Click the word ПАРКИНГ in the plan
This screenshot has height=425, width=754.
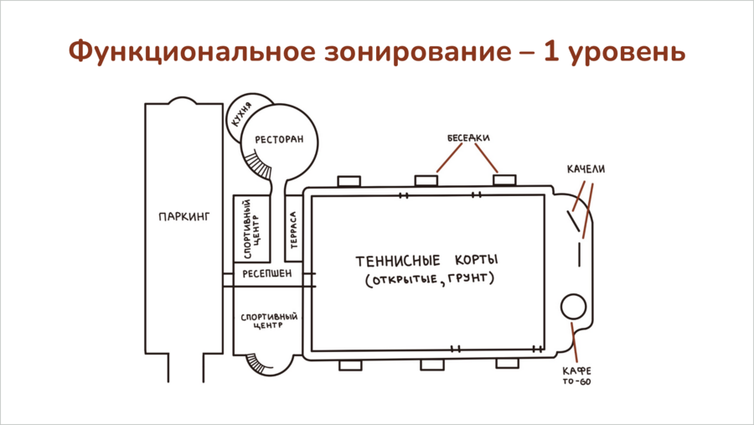tap(184, 216)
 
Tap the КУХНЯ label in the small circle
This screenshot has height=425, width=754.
tap(241, 115)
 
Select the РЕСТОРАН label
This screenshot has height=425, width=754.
tap(279, 140)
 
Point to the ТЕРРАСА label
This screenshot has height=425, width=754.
tap(293, 230)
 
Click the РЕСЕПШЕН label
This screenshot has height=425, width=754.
tap(267, 274)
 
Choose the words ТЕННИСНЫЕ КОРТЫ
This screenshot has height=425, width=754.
tap(427, 261)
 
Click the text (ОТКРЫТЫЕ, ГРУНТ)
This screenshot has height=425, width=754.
tap(430, 278)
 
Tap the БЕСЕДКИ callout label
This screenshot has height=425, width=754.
tap(468, 138)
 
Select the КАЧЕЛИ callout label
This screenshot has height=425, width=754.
tap(586, 169)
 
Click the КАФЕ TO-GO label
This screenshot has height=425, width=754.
tap(577, 376)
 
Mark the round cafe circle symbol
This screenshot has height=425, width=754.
tap(574, 306)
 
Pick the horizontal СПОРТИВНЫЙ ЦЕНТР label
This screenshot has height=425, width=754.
tap(269, 321)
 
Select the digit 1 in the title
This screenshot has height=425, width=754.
tap(551, 51)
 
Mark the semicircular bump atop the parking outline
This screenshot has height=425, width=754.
tap(183, 98)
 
